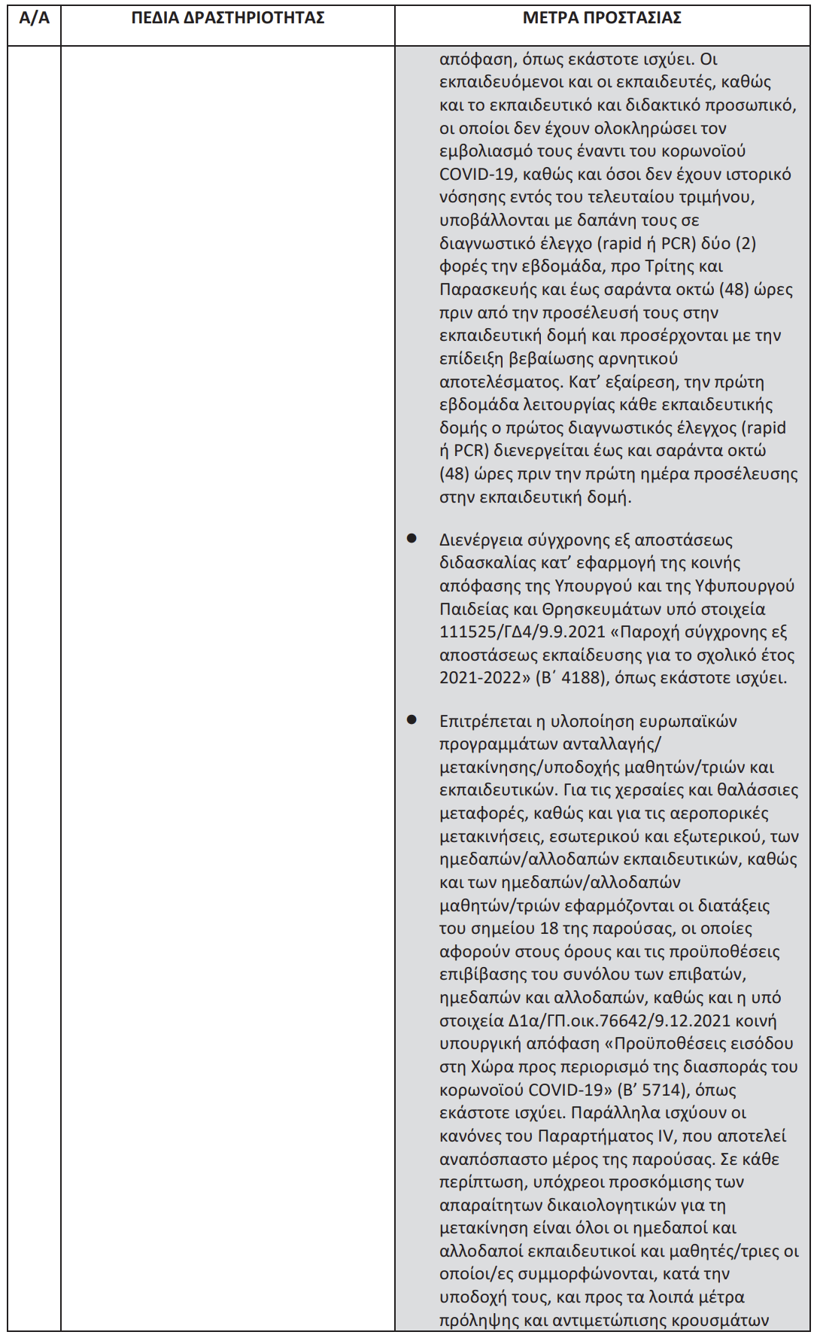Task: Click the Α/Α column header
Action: (34, 18)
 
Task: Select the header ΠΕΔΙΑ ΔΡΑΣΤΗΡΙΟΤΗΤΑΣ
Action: (228, 18)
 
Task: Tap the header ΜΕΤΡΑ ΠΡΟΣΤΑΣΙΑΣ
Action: (602, 18)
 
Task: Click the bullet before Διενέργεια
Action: (412, 539)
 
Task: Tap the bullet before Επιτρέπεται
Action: (412, 720)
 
